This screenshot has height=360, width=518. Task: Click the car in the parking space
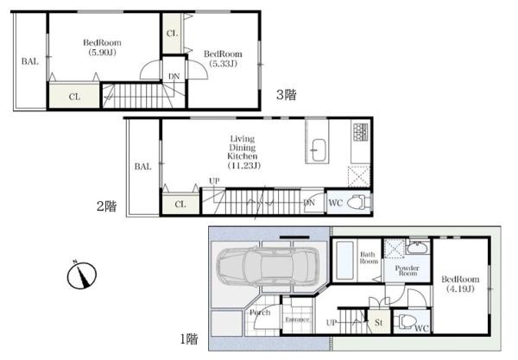click(268, 266)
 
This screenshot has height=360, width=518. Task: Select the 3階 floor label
click(287, 95)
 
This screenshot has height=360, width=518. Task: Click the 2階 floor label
click(106, 206)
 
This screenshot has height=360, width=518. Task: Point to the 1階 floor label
click(189, 339)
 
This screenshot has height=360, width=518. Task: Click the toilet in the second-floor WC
click(358, 202)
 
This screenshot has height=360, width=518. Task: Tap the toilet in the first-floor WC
click(406, 321)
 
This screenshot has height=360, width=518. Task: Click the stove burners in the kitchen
click(360, 132)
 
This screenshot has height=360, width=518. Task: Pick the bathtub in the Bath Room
click(344, 260)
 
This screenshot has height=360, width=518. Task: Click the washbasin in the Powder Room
click(418, 248)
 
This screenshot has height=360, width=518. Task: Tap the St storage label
click(379, 322)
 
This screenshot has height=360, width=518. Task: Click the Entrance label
click(297, 319)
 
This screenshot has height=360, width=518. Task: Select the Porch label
click(260, 313)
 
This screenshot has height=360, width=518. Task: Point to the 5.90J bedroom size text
click(103, 52)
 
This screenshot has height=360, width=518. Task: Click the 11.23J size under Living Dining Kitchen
click(244, 165)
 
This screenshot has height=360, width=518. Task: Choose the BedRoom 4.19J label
click(460, 284)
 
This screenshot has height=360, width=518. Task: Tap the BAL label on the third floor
click(30, 61)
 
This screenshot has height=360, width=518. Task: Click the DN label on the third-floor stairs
click(174, 76)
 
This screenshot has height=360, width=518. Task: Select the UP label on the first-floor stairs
click(332, 322)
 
